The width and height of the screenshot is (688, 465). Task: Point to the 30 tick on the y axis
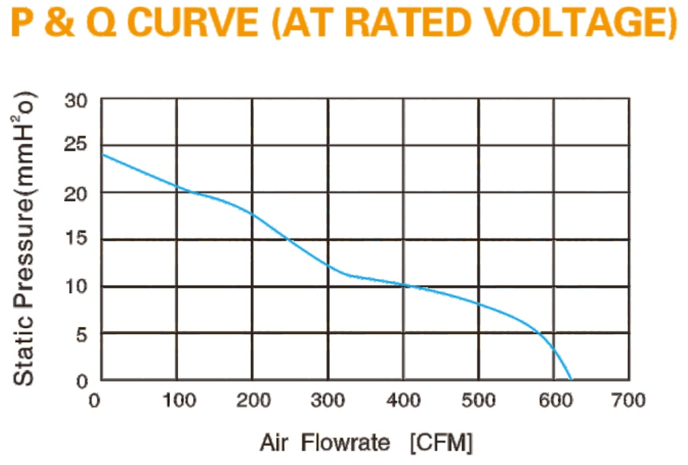pyautogui.click(x=76, y=101)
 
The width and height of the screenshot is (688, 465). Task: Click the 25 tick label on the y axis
pyautogui.click(x=76, y=144)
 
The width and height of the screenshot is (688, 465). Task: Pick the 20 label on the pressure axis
pyautogui.click(x=76, y=194)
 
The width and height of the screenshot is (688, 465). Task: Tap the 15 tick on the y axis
pyautogui.click(x=76, y=238)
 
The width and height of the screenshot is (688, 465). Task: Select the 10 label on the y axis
pyautogui.click(x=76, y=286)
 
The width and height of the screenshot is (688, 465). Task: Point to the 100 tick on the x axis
pyautogui.click(x=179, y=401)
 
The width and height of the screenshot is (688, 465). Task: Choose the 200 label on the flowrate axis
pyautogui.click(x=253, y=401)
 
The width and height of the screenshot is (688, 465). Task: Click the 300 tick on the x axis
pyautogui.click(x=328, y=401)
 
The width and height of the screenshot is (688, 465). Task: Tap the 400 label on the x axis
pyautogui.click(x=403, y=401)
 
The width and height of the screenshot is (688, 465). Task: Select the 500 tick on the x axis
pyautogui.click(x=478, y=401)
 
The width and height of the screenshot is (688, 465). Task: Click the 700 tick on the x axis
pyautogui.click(x=629, y=401)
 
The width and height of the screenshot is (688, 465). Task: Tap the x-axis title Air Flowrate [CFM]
pyautogui.click(x=367, y=442)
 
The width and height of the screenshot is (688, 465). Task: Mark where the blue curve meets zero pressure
pyautogui.click(x=571, y=380)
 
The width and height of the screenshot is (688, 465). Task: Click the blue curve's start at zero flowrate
pyautogui.click(x=102, y=154)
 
